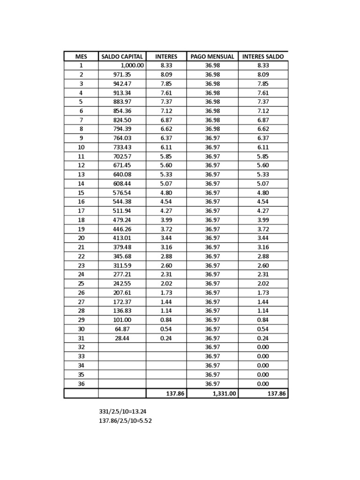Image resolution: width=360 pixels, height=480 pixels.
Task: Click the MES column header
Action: coord(81,56)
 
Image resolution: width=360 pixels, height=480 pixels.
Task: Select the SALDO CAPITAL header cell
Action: coord(122,56)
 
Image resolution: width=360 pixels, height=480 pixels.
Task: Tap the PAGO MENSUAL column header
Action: coord(212,56)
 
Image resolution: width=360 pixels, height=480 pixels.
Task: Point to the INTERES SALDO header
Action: coord(263,56)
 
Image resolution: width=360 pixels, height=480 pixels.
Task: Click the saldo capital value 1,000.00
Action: coord(132,66)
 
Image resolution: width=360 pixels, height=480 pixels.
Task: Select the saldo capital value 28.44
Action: coord(122,338)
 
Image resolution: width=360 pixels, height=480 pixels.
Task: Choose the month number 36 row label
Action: coord(81,383)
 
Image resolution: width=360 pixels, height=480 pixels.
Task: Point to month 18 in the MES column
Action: coord(81,220)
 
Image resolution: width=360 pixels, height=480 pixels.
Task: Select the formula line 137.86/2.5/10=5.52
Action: coord(125,421)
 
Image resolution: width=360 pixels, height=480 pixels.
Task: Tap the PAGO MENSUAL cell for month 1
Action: coord(212,66)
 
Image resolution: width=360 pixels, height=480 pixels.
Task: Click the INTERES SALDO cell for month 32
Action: coord(263,347)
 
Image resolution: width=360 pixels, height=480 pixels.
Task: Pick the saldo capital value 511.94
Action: coord(122,211)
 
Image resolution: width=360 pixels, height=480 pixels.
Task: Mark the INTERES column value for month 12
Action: coord(166,165)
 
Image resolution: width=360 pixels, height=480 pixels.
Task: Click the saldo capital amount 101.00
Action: coord(122,320)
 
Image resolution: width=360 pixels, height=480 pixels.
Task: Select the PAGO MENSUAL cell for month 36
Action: coord(212,383)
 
